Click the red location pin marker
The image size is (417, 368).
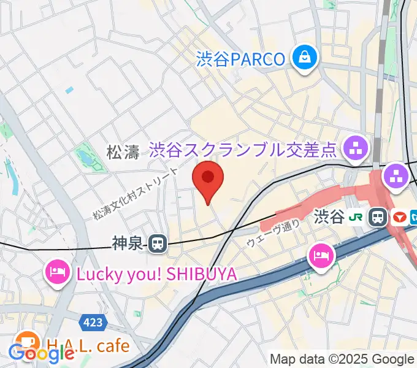tap(208, 178)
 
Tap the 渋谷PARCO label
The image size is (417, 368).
tap(241, 59)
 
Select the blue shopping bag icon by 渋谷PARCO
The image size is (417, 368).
tap(303, 58)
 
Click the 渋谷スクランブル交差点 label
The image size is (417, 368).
tap(244, 148)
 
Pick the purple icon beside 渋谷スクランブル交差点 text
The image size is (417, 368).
tap(355, 147)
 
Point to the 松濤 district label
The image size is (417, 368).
tap(123, 152)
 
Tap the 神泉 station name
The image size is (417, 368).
tap(128, 243)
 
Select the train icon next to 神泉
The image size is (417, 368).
tap(158, 243)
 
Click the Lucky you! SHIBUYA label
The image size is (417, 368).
tap(156, 274)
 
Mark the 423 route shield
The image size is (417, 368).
tap(91, 321)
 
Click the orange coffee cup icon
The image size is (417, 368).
tap(26, 340)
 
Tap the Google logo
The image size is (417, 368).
tap(41, 353)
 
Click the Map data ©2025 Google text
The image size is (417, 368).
tap(342, 359)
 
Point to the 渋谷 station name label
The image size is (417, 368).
tap(329, 217)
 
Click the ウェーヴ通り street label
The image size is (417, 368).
tap(274, 233)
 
